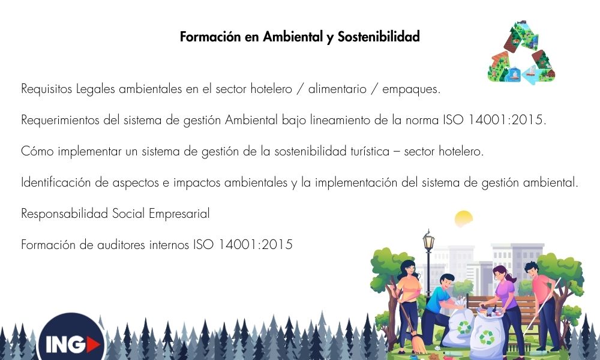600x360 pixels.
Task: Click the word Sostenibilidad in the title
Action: (x=379, y=37)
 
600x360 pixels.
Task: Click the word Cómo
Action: (x=38, y=151)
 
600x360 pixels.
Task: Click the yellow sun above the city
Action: (x=463, y=218)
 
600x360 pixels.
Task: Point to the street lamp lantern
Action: (x=428, y=241)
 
